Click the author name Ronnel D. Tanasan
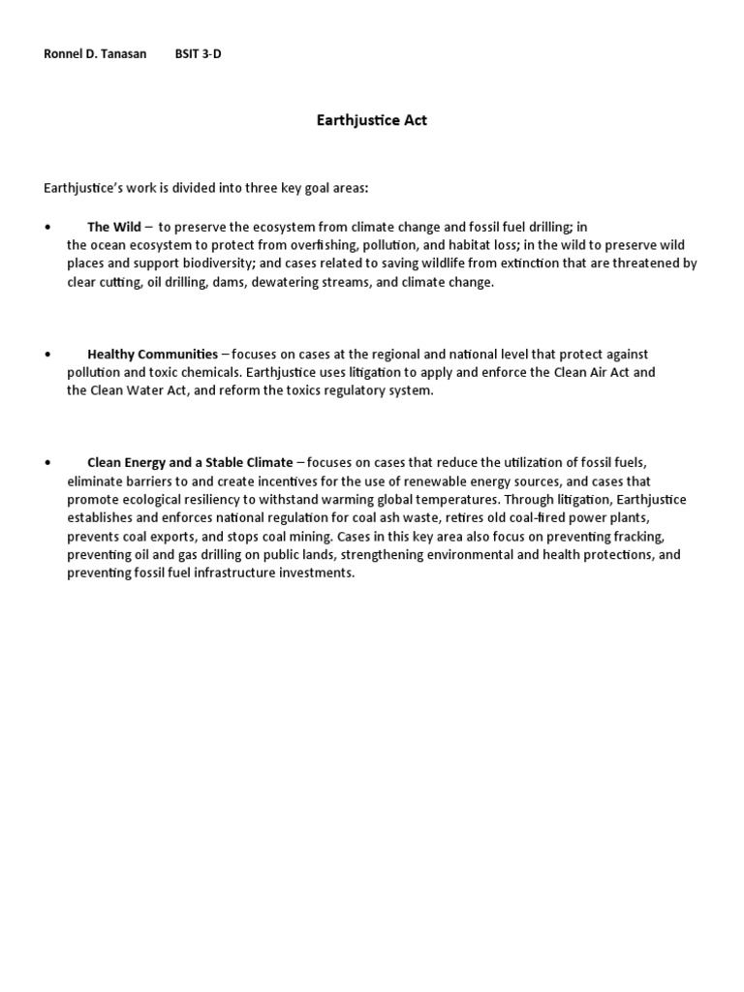click(95, 54)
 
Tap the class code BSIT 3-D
click(198, 54)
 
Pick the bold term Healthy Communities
click(152, 355)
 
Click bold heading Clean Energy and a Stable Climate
click(190, 463)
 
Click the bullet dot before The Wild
click(47, 227)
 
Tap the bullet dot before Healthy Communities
click(47, 355)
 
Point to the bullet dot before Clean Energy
click(47, 463)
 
